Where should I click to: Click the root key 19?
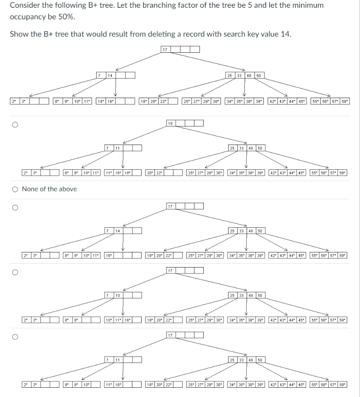pyautogui.click(x=170, y=123)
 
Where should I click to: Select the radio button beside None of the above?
pyautogui.click(x=15, y=189)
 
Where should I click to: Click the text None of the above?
pyautogui.click(x=49, y=189)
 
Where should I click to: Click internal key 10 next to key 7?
pyautogui.click(x=118, y=296)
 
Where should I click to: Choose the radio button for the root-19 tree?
pyautogui.click(x=15, y=125)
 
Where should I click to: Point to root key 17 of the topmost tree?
pyautogui.click(x=165, y=49)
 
